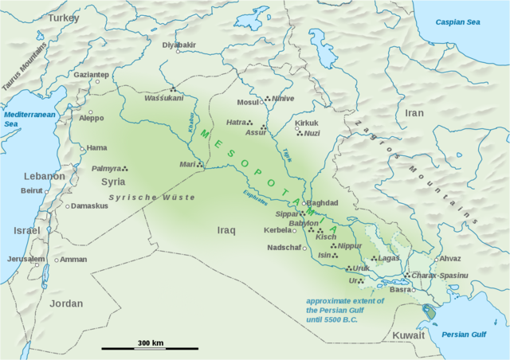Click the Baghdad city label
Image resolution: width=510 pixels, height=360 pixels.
323,202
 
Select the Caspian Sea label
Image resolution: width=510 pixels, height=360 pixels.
461,22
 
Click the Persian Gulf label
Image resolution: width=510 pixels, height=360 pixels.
463,334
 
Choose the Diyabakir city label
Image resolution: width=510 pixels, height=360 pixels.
178,45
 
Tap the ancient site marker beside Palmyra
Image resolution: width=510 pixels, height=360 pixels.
125,168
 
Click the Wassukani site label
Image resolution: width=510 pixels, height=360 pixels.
163,98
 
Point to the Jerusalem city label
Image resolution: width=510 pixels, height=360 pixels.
26,260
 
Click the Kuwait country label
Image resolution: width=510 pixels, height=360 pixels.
409,335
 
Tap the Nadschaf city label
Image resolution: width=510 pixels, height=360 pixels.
284,248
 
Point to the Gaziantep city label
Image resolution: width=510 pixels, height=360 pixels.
92,74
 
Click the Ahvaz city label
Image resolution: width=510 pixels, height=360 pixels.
450,258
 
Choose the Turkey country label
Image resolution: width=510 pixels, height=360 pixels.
65,17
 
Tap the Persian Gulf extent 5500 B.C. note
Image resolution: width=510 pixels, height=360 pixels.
345,309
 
